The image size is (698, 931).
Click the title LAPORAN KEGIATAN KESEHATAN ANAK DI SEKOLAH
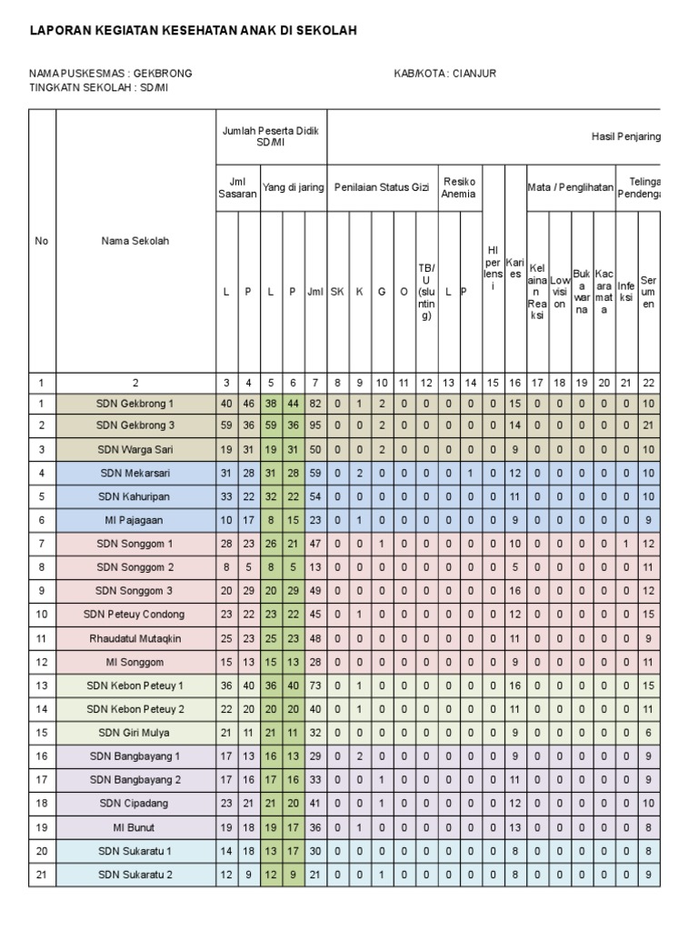pos(193,31)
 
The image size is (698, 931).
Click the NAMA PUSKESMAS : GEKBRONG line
pos(110,74)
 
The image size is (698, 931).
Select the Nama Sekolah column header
pos(135,241)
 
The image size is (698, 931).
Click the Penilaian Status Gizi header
pos(383,187)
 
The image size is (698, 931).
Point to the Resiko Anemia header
pos(459,187)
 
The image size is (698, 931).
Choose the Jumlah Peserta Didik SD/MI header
pos(271,137)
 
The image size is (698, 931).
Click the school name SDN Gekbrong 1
pos(135,403)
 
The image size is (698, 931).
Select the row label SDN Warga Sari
pos(135,450)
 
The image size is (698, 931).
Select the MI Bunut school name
pos(135,828)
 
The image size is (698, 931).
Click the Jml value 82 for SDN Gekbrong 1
pos(314,403)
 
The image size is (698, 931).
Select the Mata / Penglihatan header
pos(570,187)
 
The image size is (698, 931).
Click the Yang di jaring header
pos(293,187)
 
